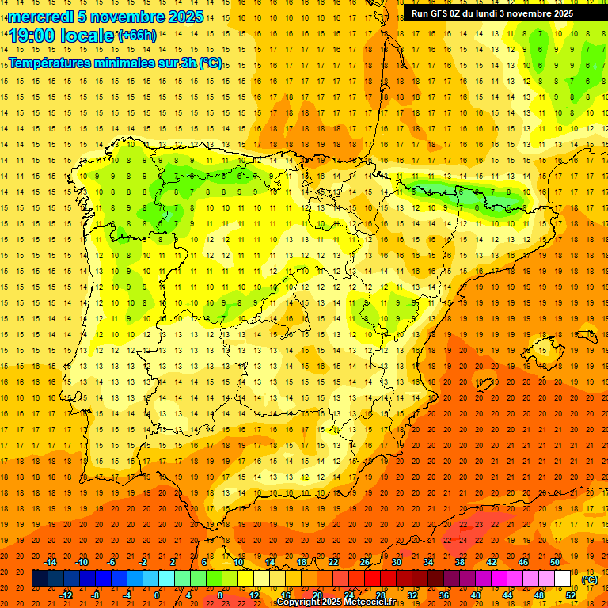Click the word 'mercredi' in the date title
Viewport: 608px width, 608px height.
pyautogui.click(x=42, y=17)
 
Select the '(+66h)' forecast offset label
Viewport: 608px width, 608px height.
pyautogui.click(x=137, y=35)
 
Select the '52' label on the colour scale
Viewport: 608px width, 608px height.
pyautogui.click(x=570, y=595)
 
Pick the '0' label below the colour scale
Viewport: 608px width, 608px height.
pyautogui.click(x=157, y=595)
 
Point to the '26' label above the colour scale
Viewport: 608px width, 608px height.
pyautogui.click(x=365, y=562)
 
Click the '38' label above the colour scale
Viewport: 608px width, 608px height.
pyautogui.click(x=460, y=562)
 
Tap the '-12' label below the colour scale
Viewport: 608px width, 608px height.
pyautogui.click(x=66, y=595)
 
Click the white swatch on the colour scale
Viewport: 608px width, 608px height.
pyautogui.click(x=562, y=578)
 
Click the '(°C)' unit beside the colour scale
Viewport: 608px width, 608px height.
pyautogui.click(x=590, y=579)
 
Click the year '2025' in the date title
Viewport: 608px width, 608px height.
pyautogui.click(x=186, y=17)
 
